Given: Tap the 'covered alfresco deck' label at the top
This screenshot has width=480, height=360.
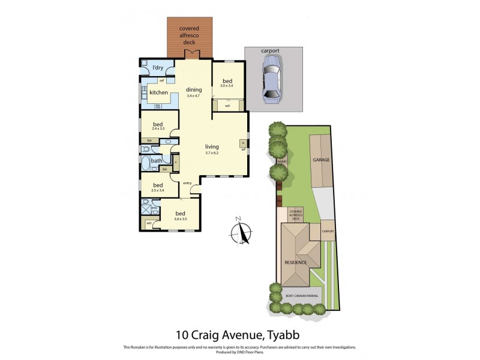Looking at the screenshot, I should [190, 35].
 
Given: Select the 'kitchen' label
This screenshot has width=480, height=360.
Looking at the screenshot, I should [158, 92].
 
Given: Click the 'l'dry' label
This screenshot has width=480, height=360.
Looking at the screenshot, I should [158, 68].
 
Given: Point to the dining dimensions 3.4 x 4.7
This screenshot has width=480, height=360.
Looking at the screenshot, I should [193, 96].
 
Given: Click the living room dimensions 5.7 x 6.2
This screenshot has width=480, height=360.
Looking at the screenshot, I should [212, 152].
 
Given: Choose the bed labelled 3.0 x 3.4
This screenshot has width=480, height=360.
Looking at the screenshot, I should [227, 86].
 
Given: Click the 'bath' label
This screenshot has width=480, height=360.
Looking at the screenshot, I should [156, 161].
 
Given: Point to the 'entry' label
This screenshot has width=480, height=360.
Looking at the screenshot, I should [187, 183].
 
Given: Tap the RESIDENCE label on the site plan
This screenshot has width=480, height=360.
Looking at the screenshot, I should [295, 262].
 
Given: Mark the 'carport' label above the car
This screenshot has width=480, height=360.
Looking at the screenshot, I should [271, 52].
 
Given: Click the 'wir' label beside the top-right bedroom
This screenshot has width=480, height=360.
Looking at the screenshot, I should [227, 106].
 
